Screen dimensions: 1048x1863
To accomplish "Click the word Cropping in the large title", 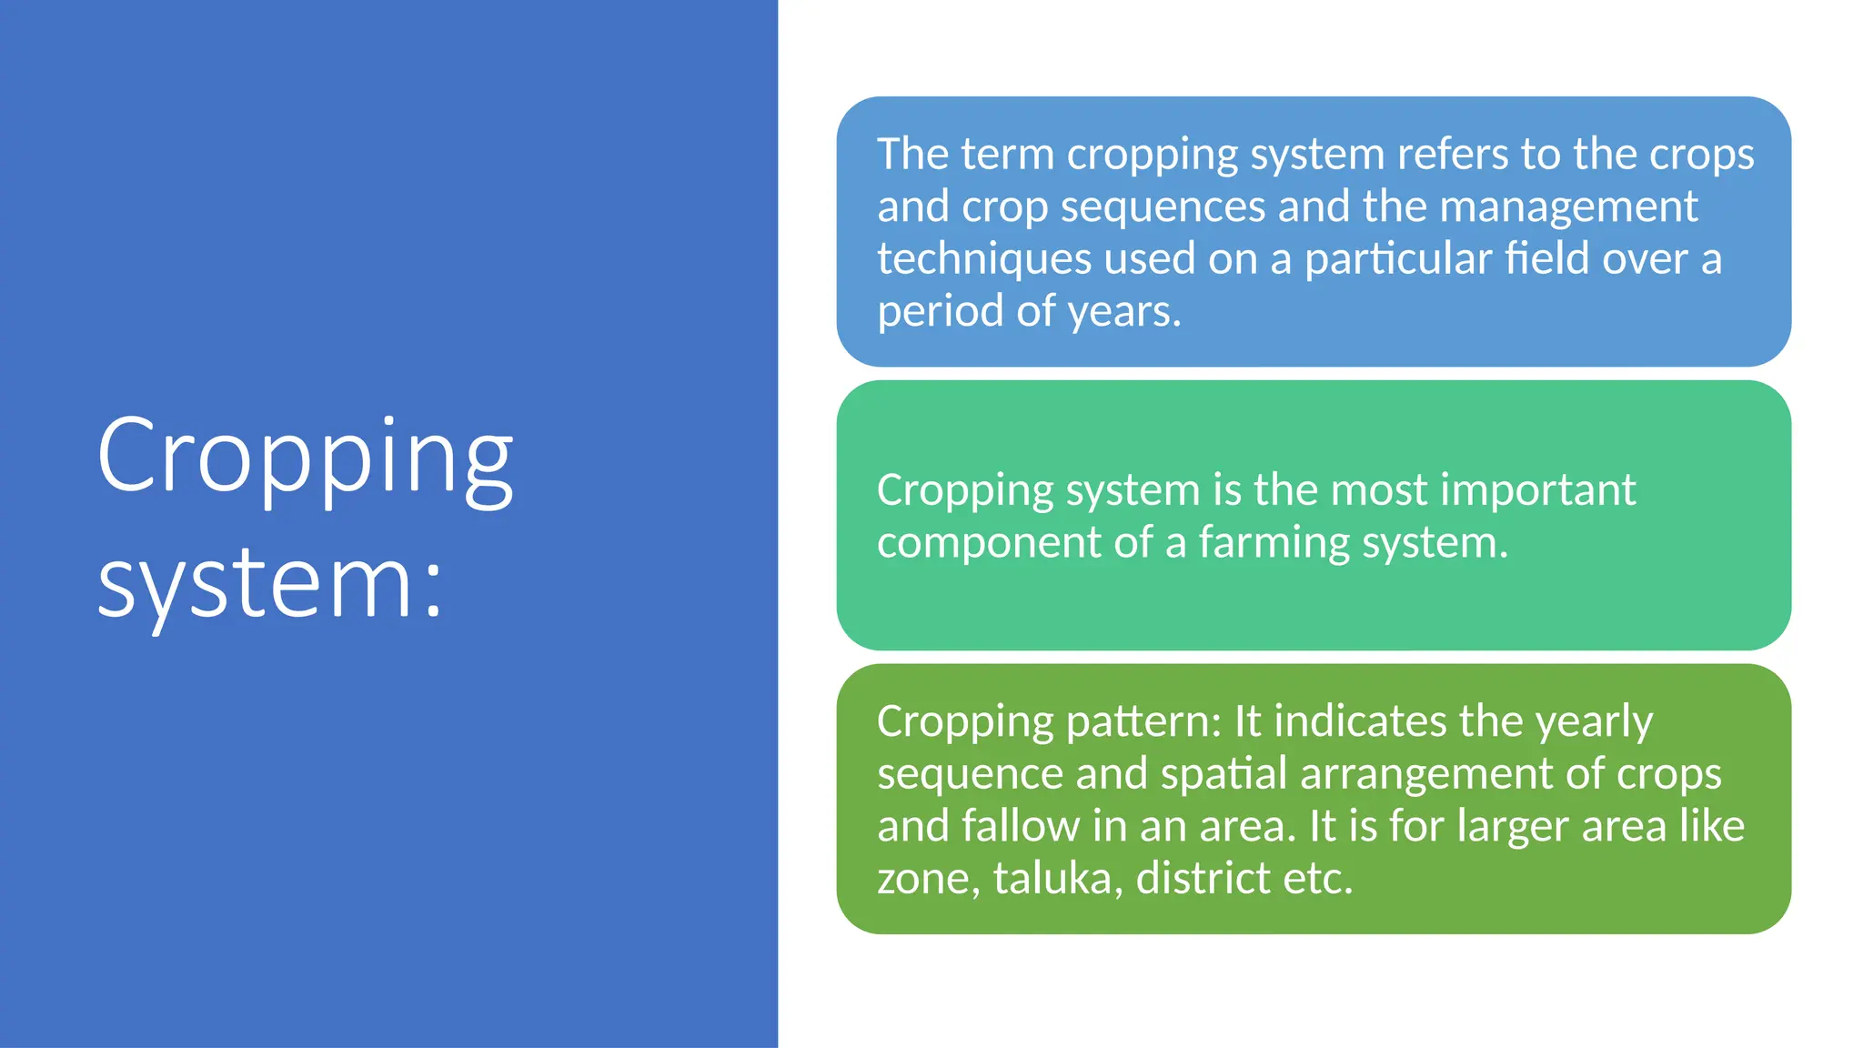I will pos(305,458).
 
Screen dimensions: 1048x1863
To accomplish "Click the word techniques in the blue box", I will pos(984,259).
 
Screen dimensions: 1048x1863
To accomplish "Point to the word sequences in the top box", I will pos(1163,207).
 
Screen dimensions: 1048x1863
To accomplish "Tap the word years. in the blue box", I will pos(1124,312).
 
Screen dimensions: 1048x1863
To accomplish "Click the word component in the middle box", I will pos(990,543).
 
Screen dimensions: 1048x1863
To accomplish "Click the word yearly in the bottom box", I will pos(1594,721).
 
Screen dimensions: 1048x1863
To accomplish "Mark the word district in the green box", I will pos(1203,879).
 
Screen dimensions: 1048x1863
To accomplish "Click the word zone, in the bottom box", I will pos(928,879).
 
